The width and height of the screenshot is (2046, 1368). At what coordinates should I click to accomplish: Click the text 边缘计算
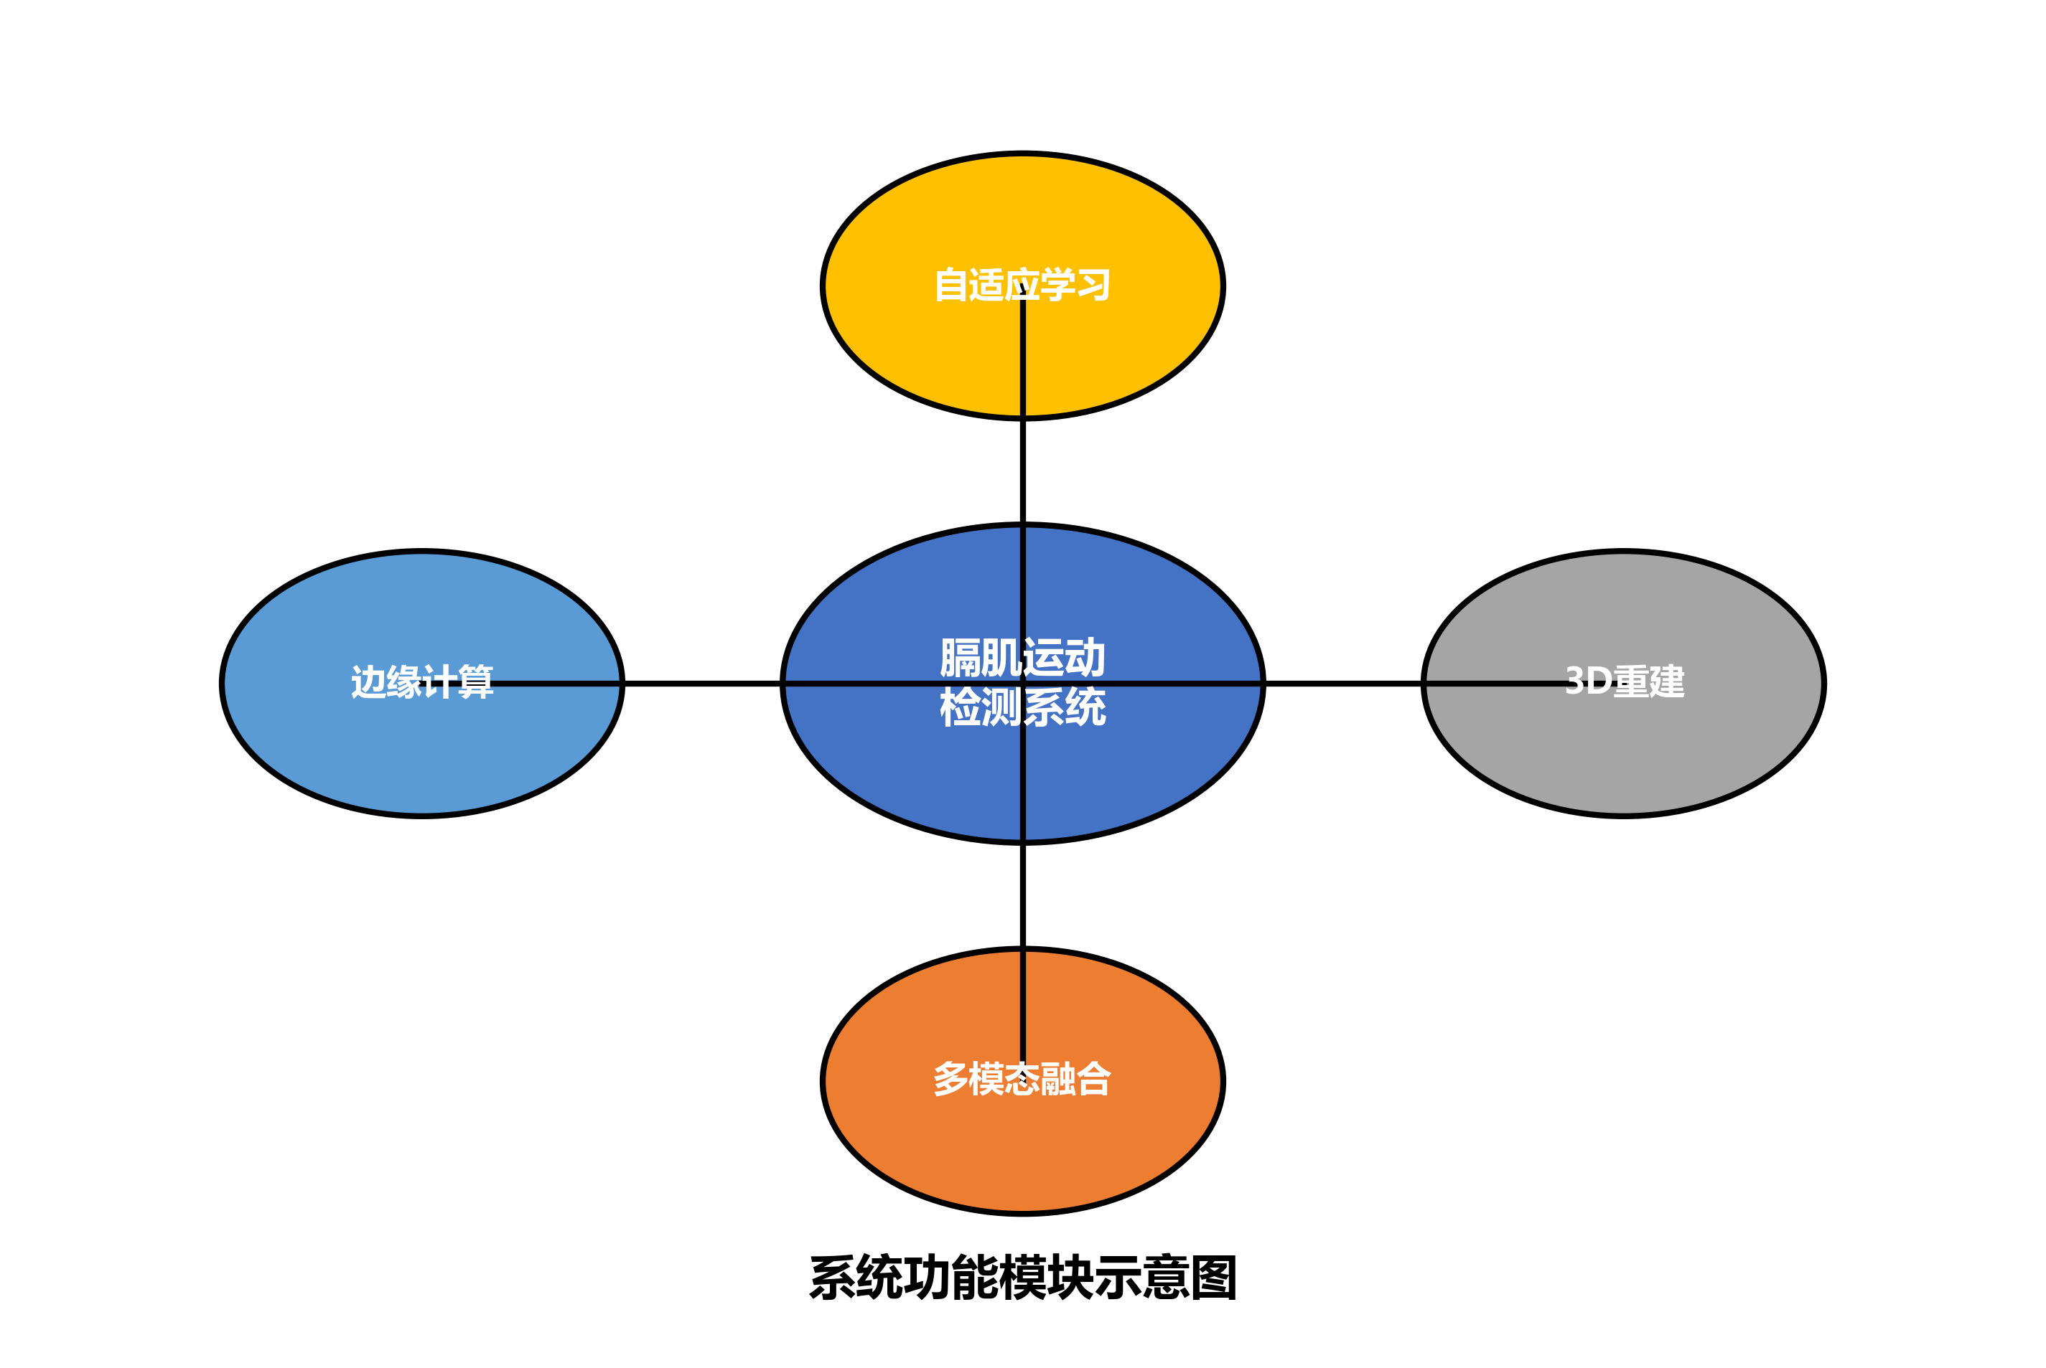[x=421, y=681]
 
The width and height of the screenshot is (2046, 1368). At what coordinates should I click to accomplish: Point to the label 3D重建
[x=1625, y=681]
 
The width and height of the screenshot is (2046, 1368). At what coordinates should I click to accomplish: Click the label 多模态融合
[x=1022, y=1079]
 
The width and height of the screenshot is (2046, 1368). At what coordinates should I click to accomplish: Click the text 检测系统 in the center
[x=1022, y=707]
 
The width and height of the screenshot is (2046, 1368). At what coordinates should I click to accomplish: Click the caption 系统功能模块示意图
[x=1022, y=1278]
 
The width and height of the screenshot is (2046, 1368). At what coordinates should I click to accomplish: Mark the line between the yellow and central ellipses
[x=1023, y=471]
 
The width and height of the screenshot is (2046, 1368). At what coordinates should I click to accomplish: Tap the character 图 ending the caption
[x=1213, y=1278]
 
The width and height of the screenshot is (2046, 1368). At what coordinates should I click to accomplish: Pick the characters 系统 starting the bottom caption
[x=856, y=1278]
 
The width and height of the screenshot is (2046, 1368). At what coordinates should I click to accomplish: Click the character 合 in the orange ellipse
[x=1093, y=1079]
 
